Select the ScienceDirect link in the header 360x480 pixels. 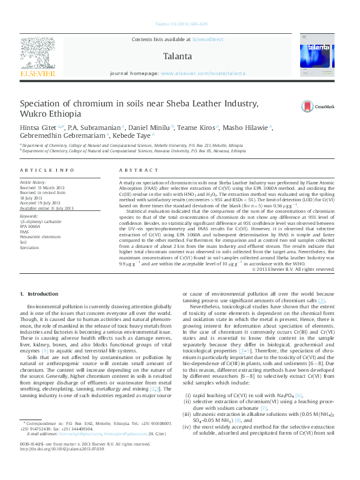pyautogui.click(x=207, y=39)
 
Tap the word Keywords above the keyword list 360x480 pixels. pyautogui.click(x=28, y=215)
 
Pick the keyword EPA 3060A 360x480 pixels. pyautogui.click(x=31, y=226)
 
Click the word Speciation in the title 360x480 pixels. pyautogui.click(x=44, y=103)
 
